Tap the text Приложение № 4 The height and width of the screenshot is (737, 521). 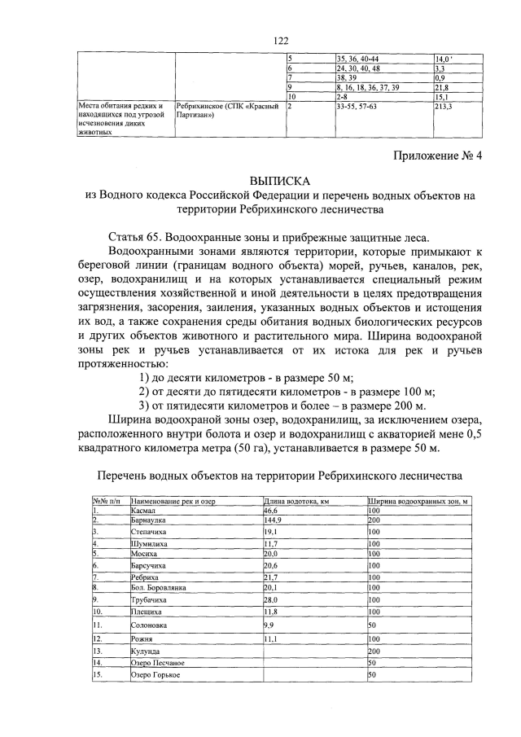[436, 158]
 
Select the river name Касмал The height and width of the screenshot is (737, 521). [144, 510]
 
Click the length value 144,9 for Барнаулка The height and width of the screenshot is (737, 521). [274, 520]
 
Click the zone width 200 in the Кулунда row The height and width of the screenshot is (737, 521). [374, 652]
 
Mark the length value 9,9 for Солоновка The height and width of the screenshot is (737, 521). [269, 625]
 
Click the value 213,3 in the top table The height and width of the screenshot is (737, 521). [445, 106]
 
